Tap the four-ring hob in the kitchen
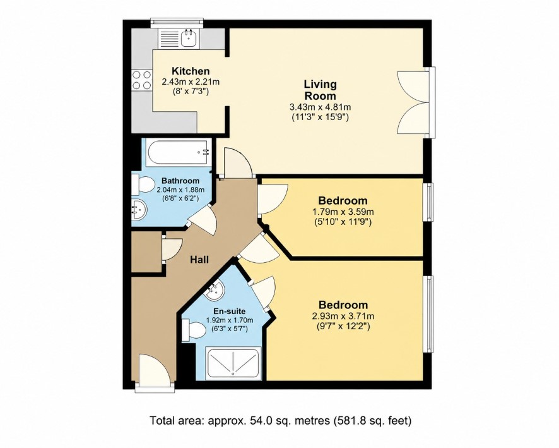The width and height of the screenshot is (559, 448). click(141, 80)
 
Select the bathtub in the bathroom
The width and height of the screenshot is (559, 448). click(177, 153)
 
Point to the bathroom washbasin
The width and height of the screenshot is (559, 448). click(139, 210)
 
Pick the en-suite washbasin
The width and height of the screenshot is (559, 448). click(215, 289)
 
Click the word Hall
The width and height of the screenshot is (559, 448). click(199, 260)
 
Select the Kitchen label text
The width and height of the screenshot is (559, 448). click(191, 71)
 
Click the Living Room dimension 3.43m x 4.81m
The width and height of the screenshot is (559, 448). click(320, 107)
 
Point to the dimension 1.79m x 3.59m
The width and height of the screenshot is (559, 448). click(343, 212)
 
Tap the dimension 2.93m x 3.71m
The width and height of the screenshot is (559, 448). click(343, 316)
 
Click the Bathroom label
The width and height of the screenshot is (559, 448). click(180, 181)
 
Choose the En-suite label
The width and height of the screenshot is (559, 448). click(230, 312)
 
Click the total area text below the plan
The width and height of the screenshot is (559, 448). click(281, 421)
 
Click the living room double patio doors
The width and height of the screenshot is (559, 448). click(413, 103)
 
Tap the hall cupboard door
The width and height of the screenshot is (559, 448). click(172, 249)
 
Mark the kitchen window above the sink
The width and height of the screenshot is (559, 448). click(177, 23)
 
